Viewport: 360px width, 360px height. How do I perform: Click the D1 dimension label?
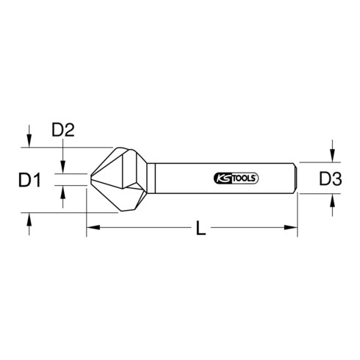pyautogui.click(x=29, y=180)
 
